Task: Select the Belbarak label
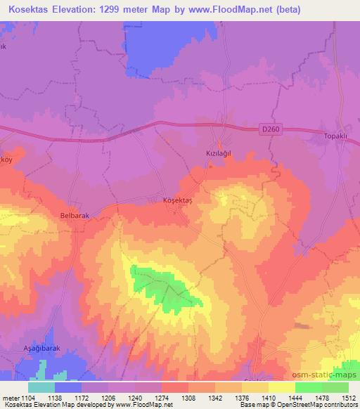[75, 216]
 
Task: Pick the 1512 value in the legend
[348, 398]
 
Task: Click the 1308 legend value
[188, 398]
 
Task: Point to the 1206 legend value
[108, 398]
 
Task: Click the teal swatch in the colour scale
[41, 387]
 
